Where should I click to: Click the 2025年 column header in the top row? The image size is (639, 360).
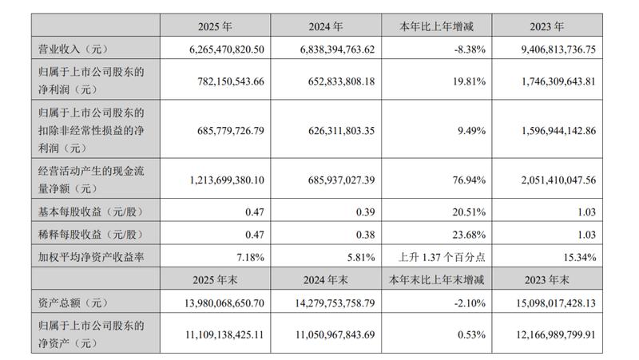215,26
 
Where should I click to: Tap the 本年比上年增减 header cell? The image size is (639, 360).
436,26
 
